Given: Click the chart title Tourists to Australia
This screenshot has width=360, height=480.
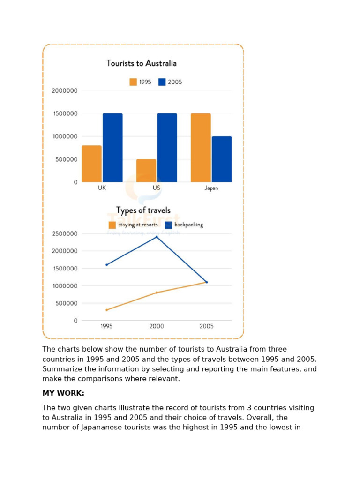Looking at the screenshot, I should pyautogui.click(x=141, y=63).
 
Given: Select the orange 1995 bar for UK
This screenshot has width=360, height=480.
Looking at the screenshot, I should pyautogui.click(x=91, y=164).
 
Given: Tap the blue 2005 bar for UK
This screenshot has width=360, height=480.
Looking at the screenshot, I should pyautogui.click(x=112, y=148).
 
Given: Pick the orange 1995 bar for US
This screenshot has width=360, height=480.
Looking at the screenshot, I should pyautogui.click(x=146, y=171).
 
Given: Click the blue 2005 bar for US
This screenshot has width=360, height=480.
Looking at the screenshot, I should pyautogui.click(x=167, y=148).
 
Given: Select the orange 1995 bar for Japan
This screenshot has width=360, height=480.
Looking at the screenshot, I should pyautogui.click(x=201, y=148).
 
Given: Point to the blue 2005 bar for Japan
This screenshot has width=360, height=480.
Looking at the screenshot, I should pyautogui.click(x=221, y=159).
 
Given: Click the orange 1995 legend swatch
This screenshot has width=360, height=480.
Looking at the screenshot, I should pyautogui.click(x=134, y=82).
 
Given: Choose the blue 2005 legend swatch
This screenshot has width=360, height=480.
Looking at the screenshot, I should pyautogui.click(x=162, y=82).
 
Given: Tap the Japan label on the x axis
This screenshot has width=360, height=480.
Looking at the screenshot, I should pyautogui.click(x=211, y=188).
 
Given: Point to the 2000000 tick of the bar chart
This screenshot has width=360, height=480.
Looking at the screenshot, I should pyautogui.click(x=65, y=90).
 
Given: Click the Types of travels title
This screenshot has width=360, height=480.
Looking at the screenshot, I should pyautogui.click(x=143, y=210).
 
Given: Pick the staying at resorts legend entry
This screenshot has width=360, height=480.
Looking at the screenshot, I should pyautogui.click(x=133, y=225).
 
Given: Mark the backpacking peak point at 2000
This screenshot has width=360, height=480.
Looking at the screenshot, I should pyautogui.click(x=157, y=237).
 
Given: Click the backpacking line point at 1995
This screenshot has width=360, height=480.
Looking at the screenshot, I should pyautogui.click(x=107, y=265).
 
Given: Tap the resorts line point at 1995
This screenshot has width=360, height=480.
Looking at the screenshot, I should pyautogui.click(x=107, y=310).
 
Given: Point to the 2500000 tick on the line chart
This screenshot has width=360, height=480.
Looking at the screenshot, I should pyautogui.click(x=65, y=233).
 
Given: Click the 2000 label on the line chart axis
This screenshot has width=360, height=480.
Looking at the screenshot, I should pyautogui.click(x=157, y=326).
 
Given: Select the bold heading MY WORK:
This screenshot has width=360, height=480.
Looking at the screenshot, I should pyautogui.click(x=63, y=393).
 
